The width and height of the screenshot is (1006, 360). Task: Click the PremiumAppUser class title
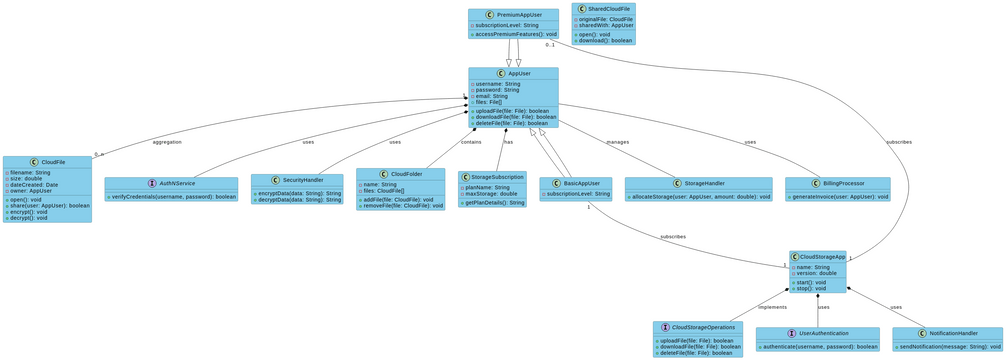(x=519, y=15)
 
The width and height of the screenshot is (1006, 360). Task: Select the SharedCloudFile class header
(x=609, y=8)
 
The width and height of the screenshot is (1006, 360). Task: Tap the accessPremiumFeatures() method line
(x=513, y=34)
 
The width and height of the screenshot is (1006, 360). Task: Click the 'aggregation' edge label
(x=167, y=142)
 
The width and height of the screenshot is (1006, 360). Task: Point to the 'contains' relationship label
(x=470, y=142)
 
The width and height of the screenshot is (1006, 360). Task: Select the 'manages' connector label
(x=618, y=142)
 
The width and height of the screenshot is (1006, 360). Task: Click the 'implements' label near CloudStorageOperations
(x=772, y=307)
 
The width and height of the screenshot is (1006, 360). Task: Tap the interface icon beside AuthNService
(x=152, y=183)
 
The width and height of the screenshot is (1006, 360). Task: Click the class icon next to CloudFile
(x=34, y=162)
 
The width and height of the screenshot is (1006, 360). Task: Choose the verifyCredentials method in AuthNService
(x=172, y=196)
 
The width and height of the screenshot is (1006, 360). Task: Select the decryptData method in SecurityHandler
(x=297, y=200)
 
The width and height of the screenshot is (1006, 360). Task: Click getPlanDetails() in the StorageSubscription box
(x=492, y=203)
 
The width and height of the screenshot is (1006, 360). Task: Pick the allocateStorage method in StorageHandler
(x=698, y=197)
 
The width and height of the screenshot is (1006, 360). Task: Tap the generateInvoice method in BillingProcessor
(x=837, y=197)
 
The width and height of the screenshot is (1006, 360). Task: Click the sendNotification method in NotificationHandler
(x=947, y=346)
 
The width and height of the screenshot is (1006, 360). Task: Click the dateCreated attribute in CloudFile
(x=34, y=184)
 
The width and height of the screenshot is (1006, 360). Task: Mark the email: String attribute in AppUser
(x=491, y=96)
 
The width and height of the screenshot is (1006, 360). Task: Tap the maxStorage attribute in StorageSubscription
(x=491, y=193)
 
